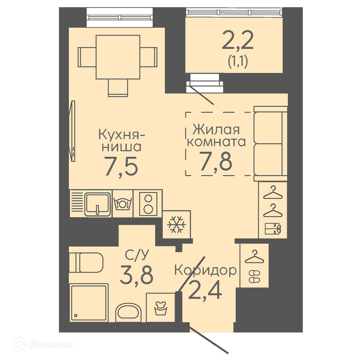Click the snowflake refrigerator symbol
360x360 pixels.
[x=176, y=224]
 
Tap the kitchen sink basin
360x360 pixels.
[x=97, y=204]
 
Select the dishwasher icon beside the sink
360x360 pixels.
[x=123, y=203]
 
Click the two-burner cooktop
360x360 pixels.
[x=148, y=204]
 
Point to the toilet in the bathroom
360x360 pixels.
[x=86, y=262]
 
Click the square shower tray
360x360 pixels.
[x=89, y=303]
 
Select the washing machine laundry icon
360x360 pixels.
[x=161, y=309]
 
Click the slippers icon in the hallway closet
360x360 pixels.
[x=255, y=276]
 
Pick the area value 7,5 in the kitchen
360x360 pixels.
[x=121, y=166]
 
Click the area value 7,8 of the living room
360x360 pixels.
[x=216, y=161]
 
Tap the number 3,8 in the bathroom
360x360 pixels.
[x=136, y=275]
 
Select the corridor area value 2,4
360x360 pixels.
[x=205, y=290]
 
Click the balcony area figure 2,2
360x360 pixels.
[x=238, y=40]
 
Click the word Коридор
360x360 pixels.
[x=205, y=270]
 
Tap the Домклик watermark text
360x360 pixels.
[x=51, y=345]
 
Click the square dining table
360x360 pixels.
[x=118, y=57]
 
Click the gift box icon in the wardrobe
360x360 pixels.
[x=273, y=229]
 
